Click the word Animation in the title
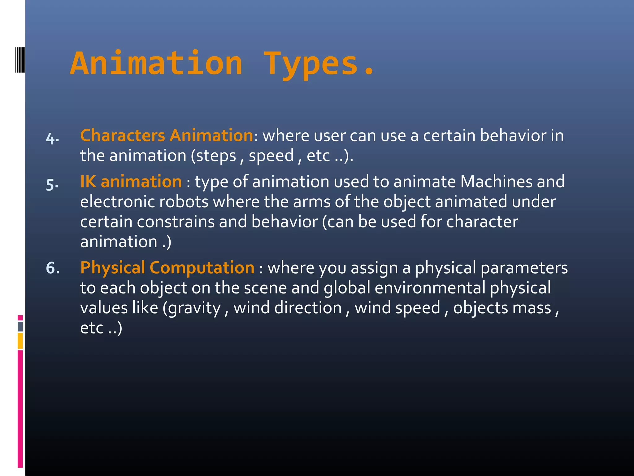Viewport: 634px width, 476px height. [x=156, y=64]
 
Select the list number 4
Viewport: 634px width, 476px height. [x=52, y=138]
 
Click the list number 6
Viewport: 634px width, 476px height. [x=53, y=268]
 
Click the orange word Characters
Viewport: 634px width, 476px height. [x=123, y=136]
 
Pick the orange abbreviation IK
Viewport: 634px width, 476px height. [x=88, y=182]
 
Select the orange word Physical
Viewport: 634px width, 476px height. [x=113, y=268]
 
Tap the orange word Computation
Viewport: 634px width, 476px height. [x=202, y=268]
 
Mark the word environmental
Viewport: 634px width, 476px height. [x=430, y=288]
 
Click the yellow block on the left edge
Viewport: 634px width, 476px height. [x=20, y=341]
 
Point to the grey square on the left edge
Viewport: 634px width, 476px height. [x=20, y=326]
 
